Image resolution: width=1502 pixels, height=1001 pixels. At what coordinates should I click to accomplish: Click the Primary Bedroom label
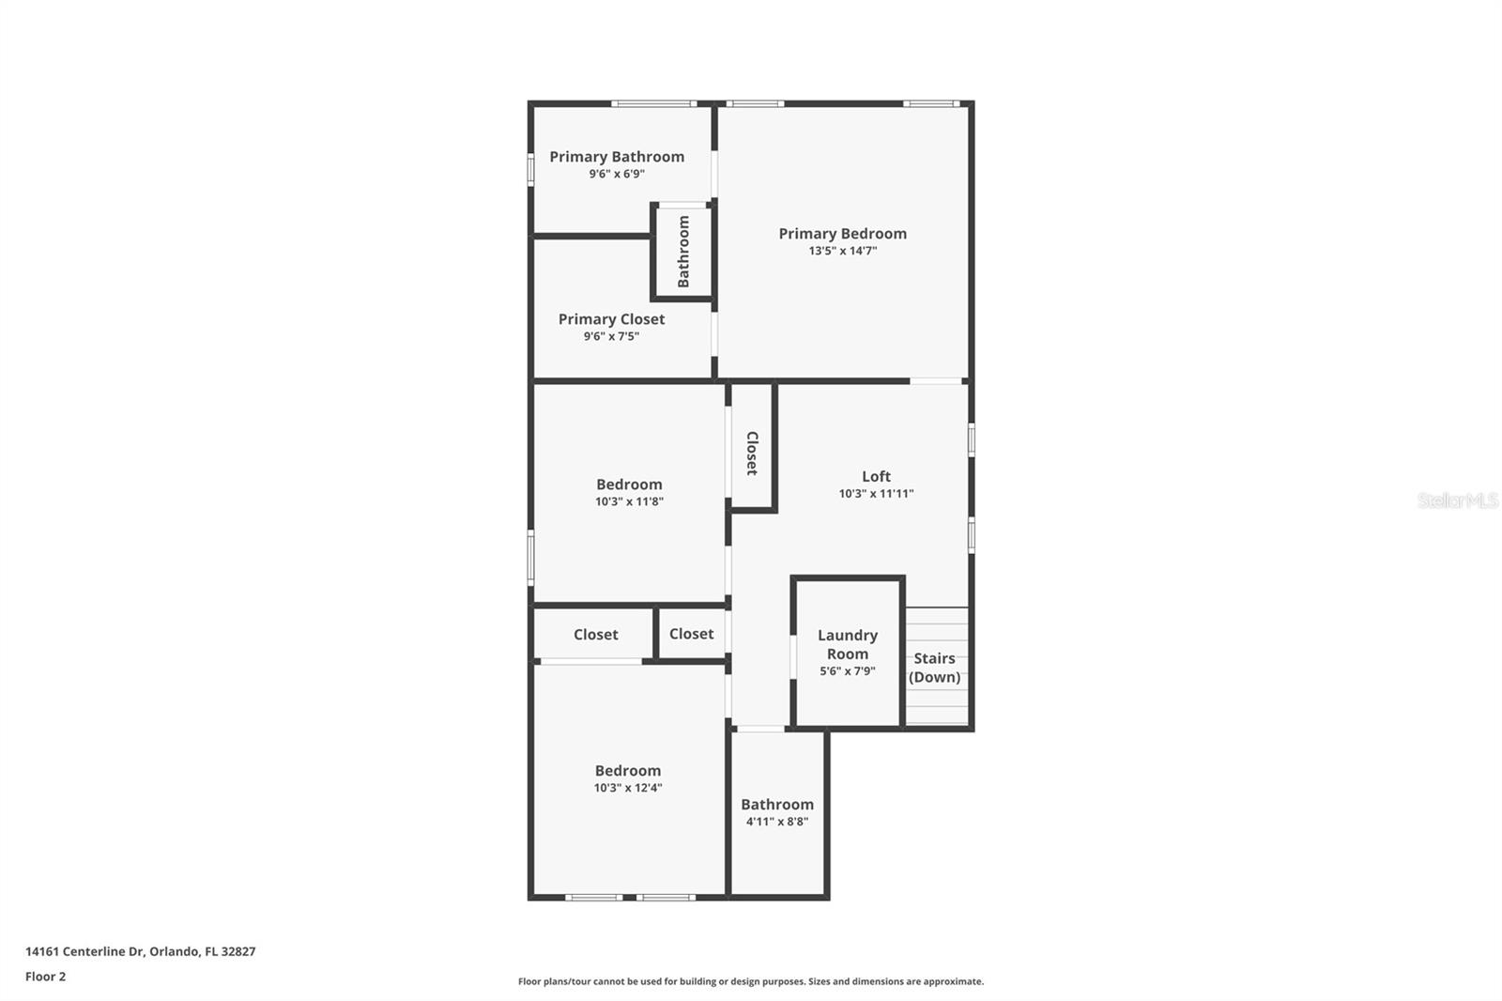click(842, 234)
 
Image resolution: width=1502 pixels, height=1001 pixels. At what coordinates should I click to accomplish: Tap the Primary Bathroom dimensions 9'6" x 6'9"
click(617, 175)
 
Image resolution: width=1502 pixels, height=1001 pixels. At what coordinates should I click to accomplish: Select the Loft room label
click(876, 476)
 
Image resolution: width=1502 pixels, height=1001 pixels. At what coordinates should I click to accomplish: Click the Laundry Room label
click(847, 644)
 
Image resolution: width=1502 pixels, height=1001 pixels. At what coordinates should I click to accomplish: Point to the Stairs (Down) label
click(934, 668)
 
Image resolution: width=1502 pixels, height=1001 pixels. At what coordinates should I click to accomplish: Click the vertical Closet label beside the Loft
click(752, 454)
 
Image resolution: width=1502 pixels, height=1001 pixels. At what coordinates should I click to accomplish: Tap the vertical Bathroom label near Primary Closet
click(683, 252)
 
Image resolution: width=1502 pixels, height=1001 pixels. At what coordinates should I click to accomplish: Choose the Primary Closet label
click(611, 319)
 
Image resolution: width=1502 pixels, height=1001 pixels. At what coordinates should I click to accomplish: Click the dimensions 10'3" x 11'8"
click(629, 502)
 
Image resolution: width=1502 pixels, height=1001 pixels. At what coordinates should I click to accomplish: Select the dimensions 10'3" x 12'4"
click(627, 788)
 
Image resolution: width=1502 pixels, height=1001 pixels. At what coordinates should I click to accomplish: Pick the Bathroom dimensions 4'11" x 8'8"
click(776, 822)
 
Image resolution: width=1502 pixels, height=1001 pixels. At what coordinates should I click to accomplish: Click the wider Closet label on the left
click(595, 635)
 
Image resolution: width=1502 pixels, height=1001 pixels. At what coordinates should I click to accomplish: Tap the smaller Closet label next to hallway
click(691, 634)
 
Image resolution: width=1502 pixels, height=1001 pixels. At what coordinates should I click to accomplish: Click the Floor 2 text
click(45, 977)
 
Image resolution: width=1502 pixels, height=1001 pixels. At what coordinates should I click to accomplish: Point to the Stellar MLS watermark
click(1457, 500)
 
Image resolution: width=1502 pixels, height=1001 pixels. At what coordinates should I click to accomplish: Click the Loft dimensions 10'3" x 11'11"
click(876, 494)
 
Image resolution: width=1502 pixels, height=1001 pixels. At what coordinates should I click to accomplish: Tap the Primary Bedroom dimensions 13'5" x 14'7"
click(842, 252)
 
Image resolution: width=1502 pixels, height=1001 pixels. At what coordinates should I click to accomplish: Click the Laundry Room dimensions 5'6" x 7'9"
click(847, 671)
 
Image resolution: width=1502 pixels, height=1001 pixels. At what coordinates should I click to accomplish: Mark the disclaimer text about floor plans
click(750, 981)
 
